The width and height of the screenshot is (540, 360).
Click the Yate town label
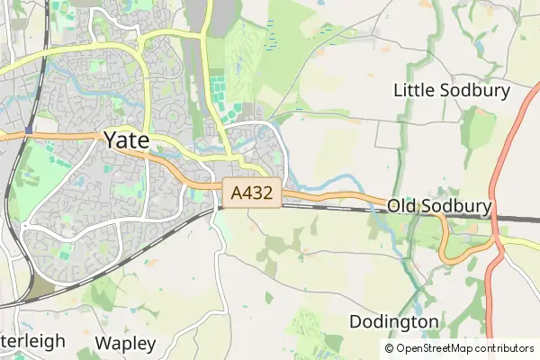(x=127, y=139)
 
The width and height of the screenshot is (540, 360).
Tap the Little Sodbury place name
(x=452, y=90)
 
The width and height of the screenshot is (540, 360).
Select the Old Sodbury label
(x=439, y=207)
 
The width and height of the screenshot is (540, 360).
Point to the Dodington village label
(x=393, y=321)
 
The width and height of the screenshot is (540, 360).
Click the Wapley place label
(x=125, y=343)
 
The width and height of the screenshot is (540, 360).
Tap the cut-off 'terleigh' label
(x=32, y=342)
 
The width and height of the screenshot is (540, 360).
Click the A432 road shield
(x=252, y=193)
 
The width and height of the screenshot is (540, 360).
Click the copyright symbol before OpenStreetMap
(x=389, y=348)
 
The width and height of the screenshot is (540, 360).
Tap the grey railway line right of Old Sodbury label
(x=517, y=218)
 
